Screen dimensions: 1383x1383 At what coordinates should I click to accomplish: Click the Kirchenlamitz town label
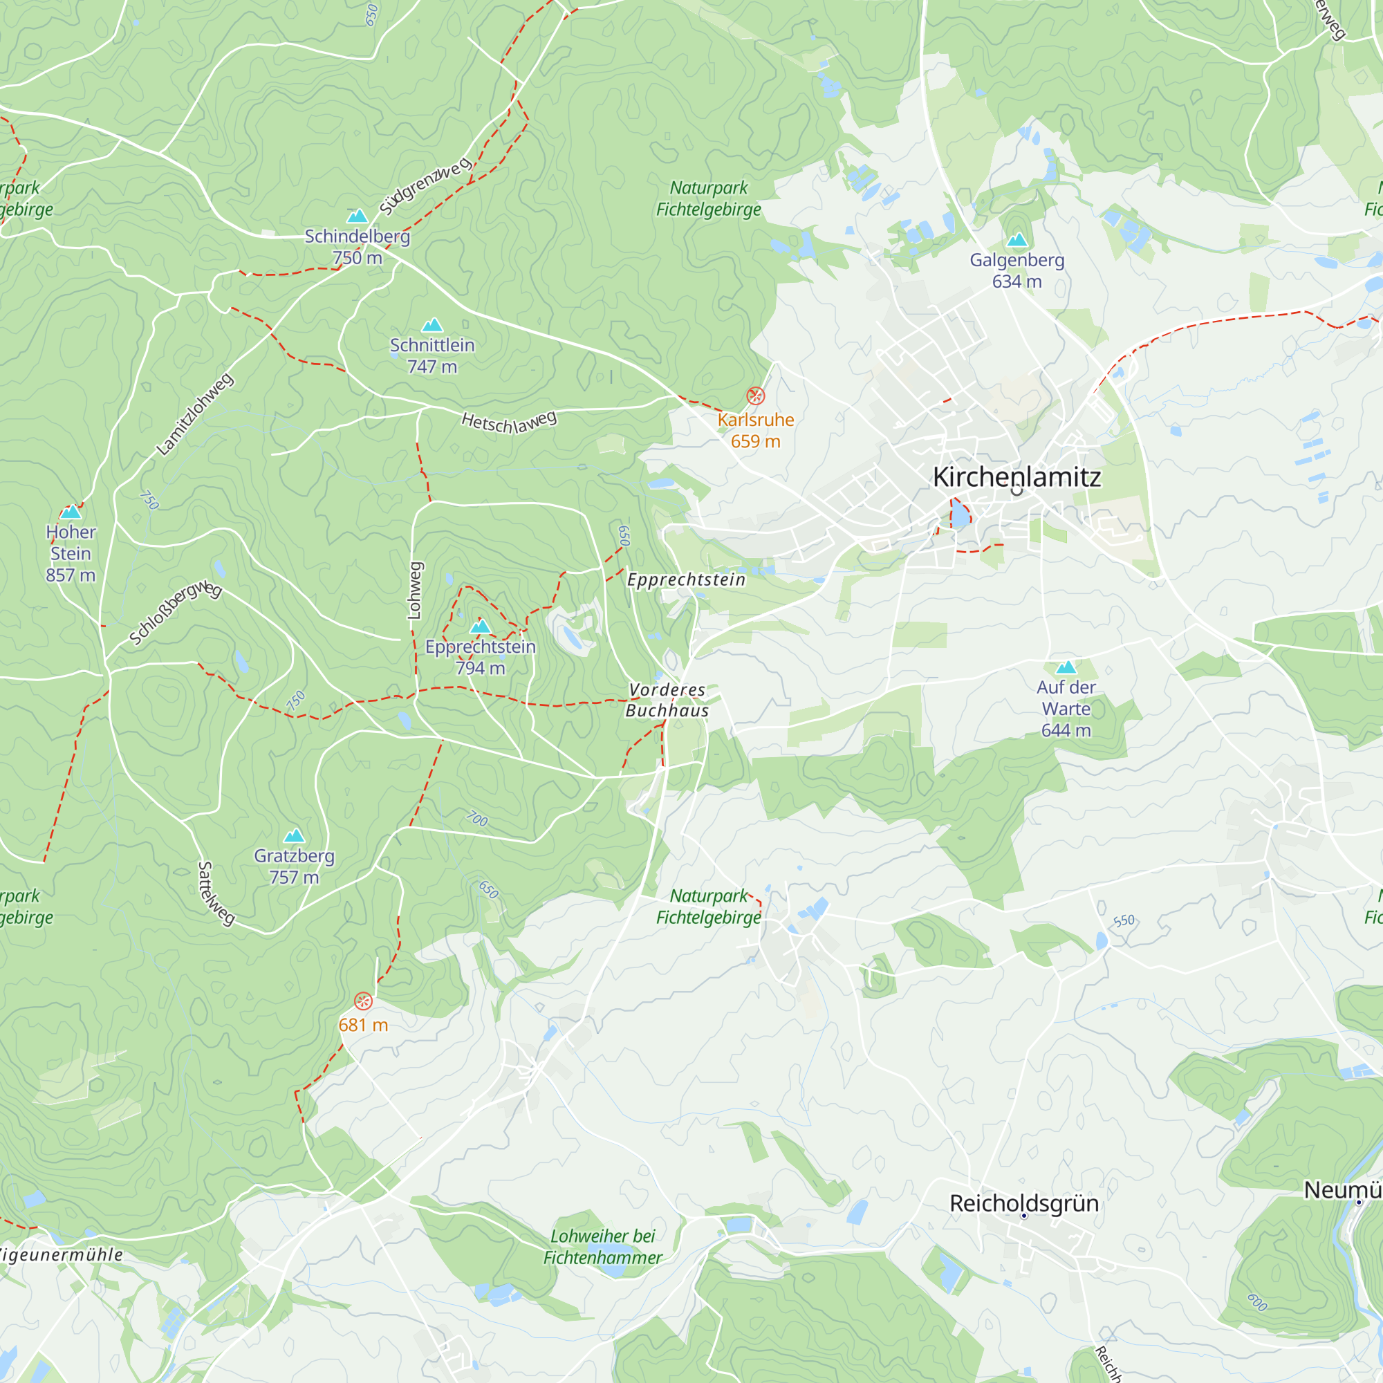1017,477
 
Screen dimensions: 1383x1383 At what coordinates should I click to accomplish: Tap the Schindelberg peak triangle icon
358,216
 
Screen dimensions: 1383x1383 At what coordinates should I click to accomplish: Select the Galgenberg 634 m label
1017,270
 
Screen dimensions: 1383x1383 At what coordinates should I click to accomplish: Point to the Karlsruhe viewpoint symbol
755,396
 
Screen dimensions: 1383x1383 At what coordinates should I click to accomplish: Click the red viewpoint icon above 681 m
363,1001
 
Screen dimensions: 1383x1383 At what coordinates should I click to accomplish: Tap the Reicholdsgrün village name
1023,1203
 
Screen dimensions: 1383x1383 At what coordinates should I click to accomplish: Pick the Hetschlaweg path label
508,423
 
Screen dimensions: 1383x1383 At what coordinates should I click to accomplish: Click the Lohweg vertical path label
414,591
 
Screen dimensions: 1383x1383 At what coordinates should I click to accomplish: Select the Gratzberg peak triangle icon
294,835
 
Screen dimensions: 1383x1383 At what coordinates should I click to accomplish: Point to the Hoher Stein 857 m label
70,553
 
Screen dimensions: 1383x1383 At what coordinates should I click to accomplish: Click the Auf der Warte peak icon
1066,667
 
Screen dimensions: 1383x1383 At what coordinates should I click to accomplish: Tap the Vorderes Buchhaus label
667,700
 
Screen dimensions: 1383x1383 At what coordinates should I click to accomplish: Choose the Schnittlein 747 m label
431,355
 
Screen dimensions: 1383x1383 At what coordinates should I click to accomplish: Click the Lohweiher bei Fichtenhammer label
602,1246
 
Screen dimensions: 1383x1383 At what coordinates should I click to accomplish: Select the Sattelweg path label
216,893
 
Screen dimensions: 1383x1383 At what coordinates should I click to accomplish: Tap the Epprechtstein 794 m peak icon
481,627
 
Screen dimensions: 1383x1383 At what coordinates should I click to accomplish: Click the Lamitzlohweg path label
195,414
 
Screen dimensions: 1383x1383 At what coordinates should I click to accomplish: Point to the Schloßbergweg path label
176,613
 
